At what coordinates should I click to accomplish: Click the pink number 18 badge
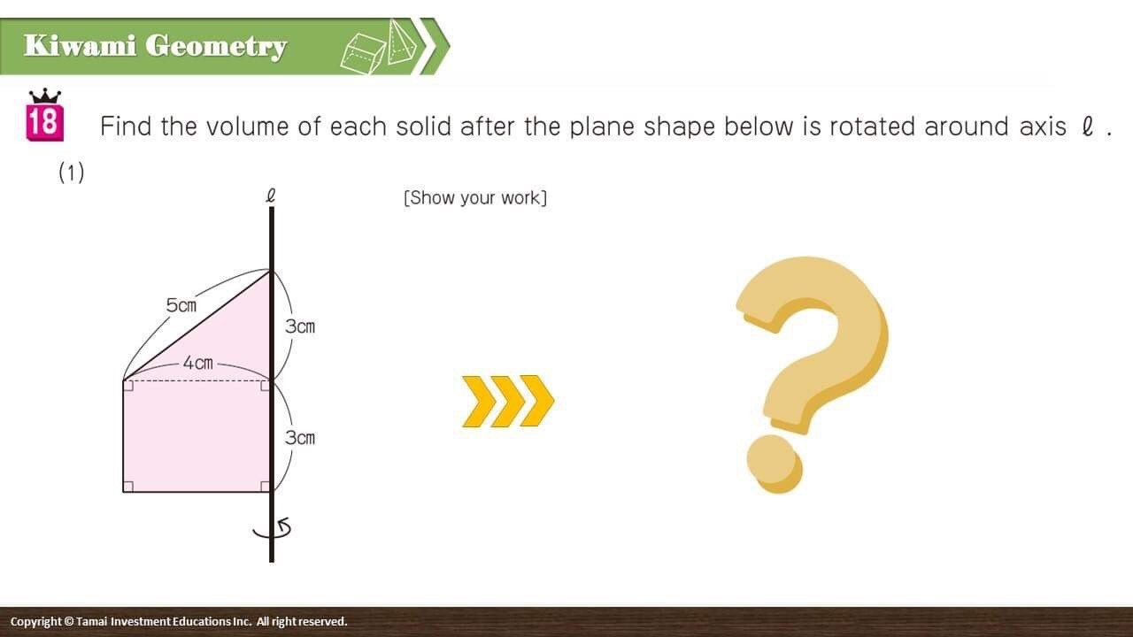tap(44, 122)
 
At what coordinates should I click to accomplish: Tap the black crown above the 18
tap(45, 96)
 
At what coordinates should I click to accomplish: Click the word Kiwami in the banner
tap(80, 45)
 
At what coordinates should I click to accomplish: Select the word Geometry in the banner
tap(216, 47)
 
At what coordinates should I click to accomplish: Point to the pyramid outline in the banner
tap(403, 42)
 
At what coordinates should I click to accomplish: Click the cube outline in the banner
tap(363, 54)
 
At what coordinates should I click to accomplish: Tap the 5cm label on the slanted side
tap(181, 305)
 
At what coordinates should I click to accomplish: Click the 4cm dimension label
tap(197, 363)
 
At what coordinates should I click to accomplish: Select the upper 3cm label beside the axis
tap(300, 326)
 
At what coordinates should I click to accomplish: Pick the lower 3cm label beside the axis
tap(300, 438)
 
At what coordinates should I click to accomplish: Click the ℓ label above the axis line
tap(271, 196)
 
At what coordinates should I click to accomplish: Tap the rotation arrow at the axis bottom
tap(274, 529)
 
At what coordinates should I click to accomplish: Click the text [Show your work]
tap(475, 197)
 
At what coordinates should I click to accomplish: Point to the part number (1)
tap(72, 173)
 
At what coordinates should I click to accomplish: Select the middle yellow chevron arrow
tap(508, 401)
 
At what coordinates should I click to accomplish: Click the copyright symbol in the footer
tap(69, 621)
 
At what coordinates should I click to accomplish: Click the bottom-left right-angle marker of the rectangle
tap(128, 487)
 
